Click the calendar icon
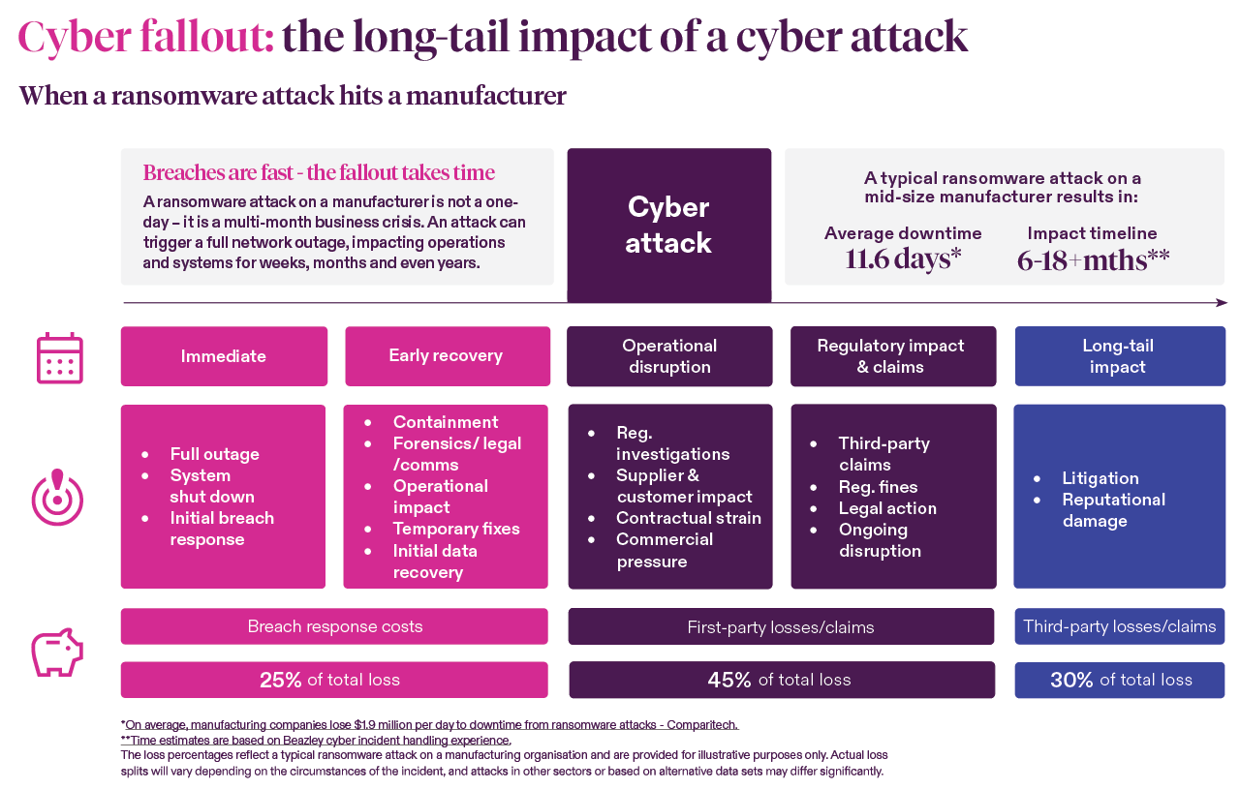[x=59, y=358]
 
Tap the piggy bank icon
[x=57, y=653]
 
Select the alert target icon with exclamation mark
[x=57, y=498]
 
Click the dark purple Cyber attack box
[x=668, y=225]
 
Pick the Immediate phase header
[x=224, y=356]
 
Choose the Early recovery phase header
[x=447, y=356]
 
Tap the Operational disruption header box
[x=669, y=356]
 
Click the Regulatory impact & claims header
[x=892, y=356]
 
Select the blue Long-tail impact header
[x=1119, y=356]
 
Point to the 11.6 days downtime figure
[x=902, y=259]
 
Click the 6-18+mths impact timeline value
[x=1093, y=259]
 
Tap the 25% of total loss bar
[x=333, y=680]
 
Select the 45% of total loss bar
[x=781, y=680]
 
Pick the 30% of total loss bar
[x=1119, y=680]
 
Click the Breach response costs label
[x=334, y=626]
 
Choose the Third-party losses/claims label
[x=1119, y=626]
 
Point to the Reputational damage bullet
[x=1113, y=510]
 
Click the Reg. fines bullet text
[x=878, y=487]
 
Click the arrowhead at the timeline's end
[x=1222, y=303]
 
